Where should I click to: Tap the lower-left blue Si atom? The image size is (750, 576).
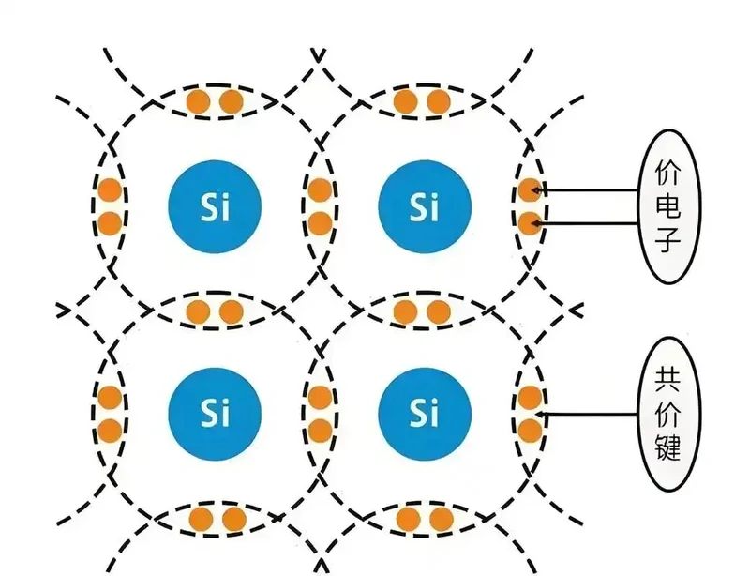click(214, 412)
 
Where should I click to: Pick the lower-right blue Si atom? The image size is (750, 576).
click(424, 412)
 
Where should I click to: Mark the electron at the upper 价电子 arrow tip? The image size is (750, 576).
click(530, 190)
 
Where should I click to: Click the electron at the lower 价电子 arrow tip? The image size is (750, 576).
click(530, 223)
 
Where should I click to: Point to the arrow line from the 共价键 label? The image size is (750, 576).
click(591, 414)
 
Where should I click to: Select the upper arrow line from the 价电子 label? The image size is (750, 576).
click(591, 190)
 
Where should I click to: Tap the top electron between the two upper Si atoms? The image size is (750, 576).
click(320, 190)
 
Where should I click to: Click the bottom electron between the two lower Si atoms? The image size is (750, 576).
click(320, 431)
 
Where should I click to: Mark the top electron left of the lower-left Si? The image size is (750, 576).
click(110, 397)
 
